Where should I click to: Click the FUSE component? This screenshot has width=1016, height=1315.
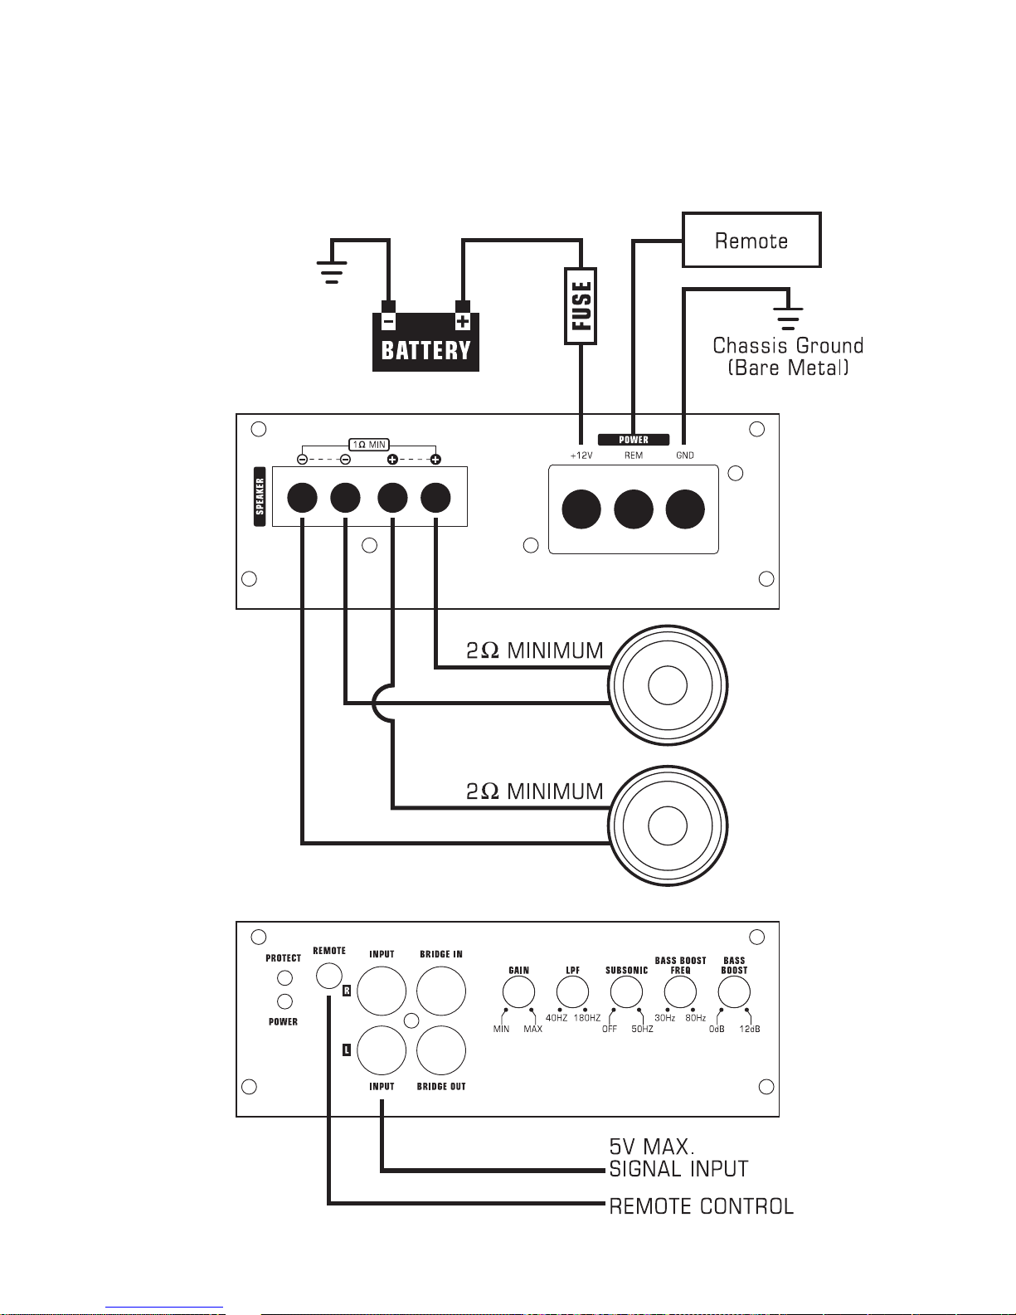(581, 306)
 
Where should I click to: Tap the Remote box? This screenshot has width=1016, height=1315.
(751, 240)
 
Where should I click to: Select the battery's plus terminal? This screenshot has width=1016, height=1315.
(463, 316)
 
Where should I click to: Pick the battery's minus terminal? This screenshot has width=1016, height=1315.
(388, 316)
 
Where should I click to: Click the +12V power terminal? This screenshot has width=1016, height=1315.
(581, 509)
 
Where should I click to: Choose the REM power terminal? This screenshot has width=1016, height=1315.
(633, 509)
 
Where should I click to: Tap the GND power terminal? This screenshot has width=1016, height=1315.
(685, 509)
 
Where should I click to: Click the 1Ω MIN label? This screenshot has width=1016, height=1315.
(369, 445)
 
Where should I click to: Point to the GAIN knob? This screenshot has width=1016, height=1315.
(519, 992)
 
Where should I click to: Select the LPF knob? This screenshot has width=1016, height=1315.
(572, 992)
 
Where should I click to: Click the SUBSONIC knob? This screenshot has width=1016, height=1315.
(626, 992)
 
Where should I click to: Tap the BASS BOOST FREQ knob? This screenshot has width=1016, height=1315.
(680, 992)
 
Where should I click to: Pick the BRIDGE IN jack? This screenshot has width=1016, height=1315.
(441, 991)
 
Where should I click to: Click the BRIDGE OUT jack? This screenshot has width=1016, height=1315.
(441, 1050)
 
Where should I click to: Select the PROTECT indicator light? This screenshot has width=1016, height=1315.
(284, 978)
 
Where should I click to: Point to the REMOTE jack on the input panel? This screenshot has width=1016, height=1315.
(329, 976)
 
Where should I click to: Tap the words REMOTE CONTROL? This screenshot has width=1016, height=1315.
(702, 1206)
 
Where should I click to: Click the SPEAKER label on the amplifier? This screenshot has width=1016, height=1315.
(260, 496)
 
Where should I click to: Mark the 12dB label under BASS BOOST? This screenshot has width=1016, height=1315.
(749, 1030)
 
